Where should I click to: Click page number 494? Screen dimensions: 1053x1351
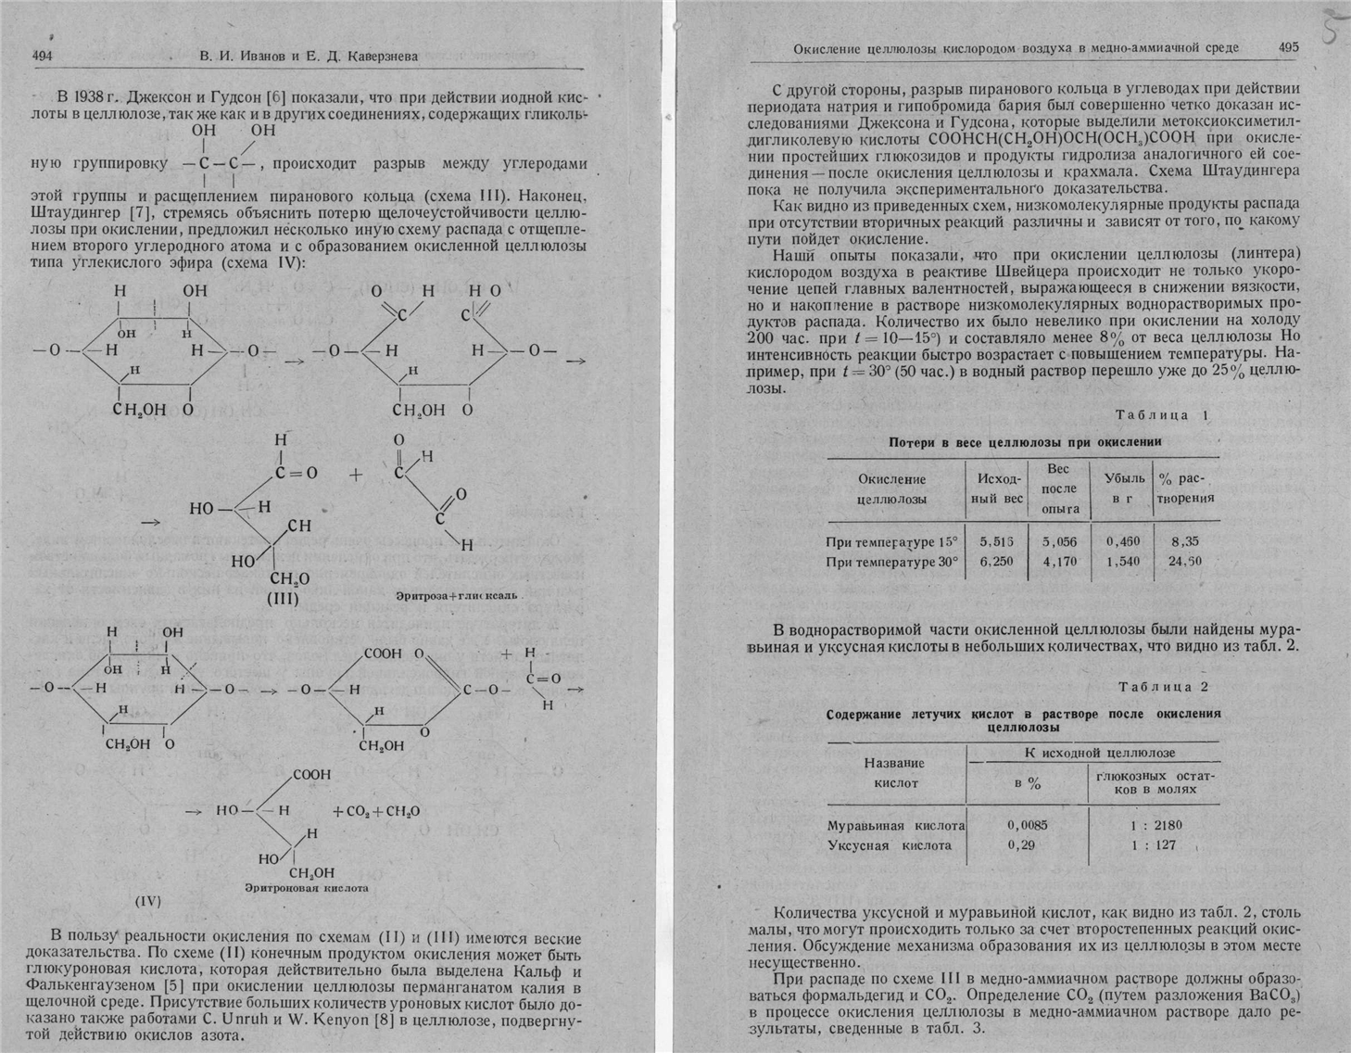click(42, 56)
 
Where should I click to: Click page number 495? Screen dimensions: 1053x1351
click(1288, 47)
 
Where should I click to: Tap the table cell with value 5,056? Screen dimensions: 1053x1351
click(1059, 541)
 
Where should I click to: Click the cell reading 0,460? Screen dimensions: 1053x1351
click(1122, 541)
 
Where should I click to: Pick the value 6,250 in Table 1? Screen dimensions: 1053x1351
click(996, 561)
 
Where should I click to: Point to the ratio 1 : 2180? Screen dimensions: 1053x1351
click(1156, 825)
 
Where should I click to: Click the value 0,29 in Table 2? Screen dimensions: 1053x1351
click(1021, 845)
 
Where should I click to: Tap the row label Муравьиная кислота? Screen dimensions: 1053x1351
click(895, 825)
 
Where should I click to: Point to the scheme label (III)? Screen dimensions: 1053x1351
click(283, 599)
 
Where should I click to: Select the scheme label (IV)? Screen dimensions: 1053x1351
click(148, 900)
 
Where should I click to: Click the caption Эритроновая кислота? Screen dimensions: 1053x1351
click(306, 888)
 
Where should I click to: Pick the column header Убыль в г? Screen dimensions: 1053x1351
click(1124, 488)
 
